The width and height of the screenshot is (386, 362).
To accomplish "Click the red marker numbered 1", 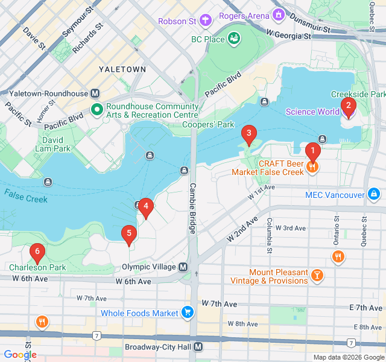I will pos(312,151).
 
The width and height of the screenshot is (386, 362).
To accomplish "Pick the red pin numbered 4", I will pos(145,208).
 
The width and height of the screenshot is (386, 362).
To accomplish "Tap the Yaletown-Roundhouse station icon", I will pos(95,93).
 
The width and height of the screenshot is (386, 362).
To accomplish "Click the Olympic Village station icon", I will pos(183,267).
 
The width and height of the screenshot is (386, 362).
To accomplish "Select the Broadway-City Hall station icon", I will pos(198,348).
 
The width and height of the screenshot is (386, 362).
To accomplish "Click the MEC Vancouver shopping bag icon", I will pos(374,194).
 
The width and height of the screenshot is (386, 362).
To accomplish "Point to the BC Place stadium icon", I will pos(233,39).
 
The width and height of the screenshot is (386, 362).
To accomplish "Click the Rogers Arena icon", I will pos(278,14).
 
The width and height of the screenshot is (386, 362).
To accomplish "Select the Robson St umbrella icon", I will pos(206,21).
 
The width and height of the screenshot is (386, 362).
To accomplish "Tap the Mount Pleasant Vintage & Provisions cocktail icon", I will pos(317,276).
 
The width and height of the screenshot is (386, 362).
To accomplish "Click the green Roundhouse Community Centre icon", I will pos(96,110).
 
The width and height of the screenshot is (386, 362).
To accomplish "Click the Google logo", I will pos(20,355).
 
